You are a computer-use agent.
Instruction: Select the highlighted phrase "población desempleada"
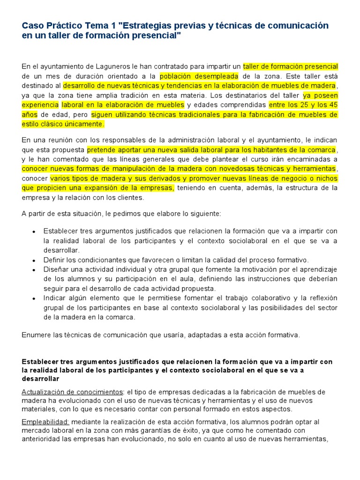(199, 76)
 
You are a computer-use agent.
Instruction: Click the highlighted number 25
(294, 105)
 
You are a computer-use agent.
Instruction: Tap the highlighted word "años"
(30, 114)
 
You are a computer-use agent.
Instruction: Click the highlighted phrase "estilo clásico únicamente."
(63, 124)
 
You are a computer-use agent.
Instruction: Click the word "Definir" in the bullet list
(53, 260)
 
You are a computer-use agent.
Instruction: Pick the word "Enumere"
(36, 335)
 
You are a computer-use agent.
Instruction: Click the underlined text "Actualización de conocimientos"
(73, 392)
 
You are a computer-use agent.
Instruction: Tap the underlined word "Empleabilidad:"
(45, 422)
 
